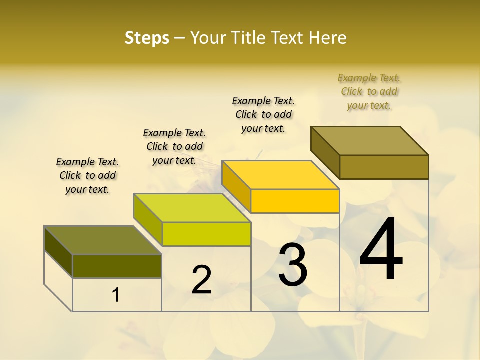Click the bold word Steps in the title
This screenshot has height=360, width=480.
147,38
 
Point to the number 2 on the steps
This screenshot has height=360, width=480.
201,280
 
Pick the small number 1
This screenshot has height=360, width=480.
115,295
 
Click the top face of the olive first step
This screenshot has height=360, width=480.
103,240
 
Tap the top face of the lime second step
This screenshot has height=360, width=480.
192,208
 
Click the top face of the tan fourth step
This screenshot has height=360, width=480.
370,141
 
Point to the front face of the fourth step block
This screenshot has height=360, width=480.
384,167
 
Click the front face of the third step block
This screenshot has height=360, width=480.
295,201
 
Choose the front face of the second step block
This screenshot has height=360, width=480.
206,234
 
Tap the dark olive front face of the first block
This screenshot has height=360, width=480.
117,266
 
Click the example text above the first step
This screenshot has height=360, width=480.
87,175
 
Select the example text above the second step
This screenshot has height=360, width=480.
174,146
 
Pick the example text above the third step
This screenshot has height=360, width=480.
263,114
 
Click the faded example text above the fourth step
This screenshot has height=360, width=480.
369,91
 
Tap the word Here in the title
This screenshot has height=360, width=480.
329,38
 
